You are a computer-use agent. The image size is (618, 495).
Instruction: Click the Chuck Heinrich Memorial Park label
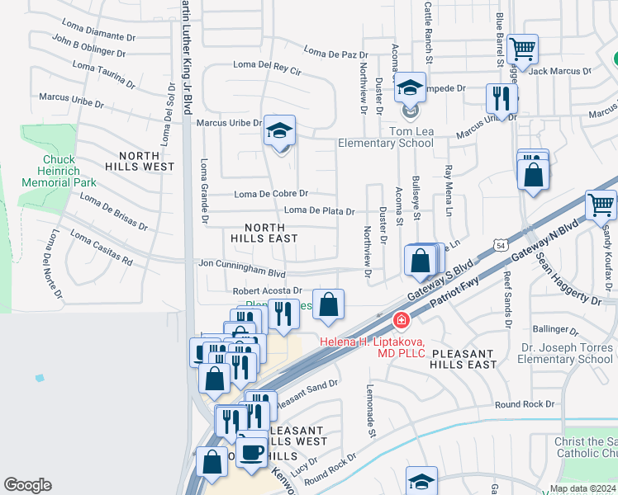click(x=70, y=171)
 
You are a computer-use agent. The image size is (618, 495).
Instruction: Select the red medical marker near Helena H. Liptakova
click(x=401, y=319)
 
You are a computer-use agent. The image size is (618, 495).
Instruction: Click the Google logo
click(x=27, y=485)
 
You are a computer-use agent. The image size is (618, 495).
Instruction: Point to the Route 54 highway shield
click(x=501, y=245)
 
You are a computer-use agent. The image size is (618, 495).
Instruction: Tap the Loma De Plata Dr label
click(x=319, y=211)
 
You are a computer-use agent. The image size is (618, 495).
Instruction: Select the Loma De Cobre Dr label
click(x=271, y=194)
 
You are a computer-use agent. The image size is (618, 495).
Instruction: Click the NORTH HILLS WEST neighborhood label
click(x=146, y=161)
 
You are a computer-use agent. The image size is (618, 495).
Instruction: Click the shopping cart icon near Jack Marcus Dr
click(x=522, y=50)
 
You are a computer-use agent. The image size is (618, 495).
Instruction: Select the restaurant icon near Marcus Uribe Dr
click(x=501, y=99)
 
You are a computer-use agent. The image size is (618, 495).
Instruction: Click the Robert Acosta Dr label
click(x=267, y=291)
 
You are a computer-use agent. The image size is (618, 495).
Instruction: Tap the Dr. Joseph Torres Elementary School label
click(x=566, y=353)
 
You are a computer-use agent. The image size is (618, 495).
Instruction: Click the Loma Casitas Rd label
click(x=101, y=247)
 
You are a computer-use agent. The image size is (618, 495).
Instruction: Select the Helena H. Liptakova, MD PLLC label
click(x=372, y=347)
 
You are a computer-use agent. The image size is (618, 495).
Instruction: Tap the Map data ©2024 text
click(x=582, y=488)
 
